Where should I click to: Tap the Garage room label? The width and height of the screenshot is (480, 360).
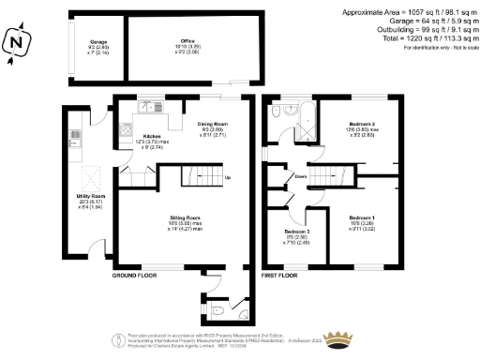[97, 43]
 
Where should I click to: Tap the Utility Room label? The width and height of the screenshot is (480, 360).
[90, 196]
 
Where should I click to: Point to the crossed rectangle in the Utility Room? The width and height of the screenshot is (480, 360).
[90, 173]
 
